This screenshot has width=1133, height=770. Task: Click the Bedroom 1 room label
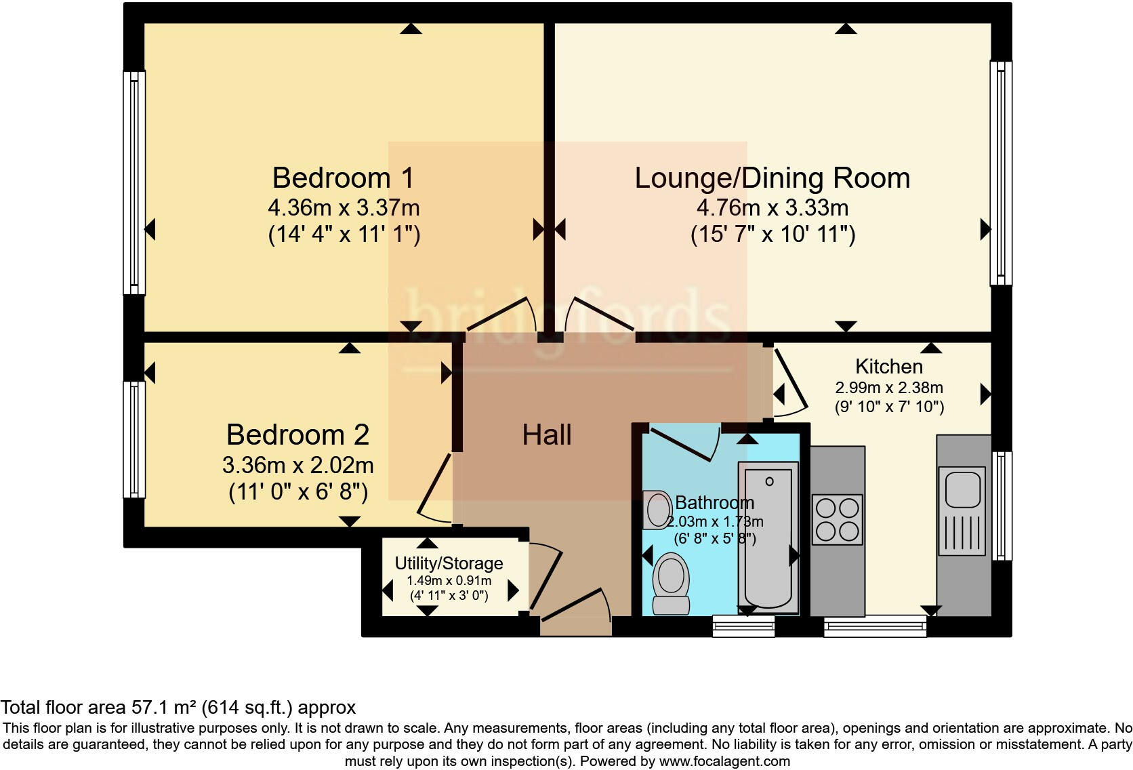point(343,178)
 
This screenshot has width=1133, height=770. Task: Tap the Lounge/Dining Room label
point(772,178)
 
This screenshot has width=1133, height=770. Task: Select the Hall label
point(546,434)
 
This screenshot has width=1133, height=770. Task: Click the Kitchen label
point(888,367)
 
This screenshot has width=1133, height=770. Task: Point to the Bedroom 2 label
point(297,434)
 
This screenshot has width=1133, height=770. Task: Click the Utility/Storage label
point(449,563)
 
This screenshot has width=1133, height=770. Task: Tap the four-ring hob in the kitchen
point(837,520)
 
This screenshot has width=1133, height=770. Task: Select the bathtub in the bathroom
point(768,535)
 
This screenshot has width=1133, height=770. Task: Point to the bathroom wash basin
point(656,510)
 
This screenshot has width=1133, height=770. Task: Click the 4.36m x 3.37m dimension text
point(344,207)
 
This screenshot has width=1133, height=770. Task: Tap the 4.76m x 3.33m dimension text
point(773,207)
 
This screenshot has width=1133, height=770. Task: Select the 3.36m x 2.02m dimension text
point(297,465)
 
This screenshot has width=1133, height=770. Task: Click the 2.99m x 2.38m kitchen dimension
point(889,388)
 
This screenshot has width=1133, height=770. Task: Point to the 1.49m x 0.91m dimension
point(449,581)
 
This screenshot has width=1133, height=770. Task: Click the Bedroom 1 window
point(134,183)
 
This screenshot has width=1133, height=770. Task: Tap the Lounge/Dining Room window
point(1001,173)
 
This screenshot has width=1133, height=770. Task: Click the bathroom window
point(743,626)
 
